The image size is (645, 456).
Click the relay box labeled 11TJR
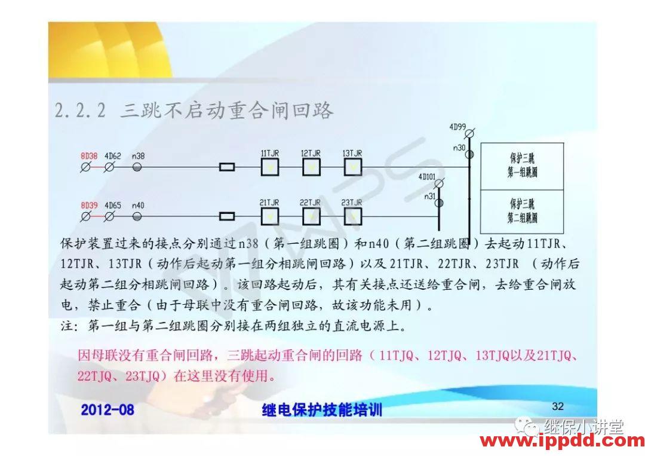tap(271, 167)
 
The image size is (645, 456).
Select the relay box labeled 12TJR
tap(311, 167)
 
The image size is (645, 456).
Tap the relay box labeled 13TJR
tap(352, 167)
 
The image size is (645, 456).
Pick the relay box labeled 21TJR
tap(271, 215)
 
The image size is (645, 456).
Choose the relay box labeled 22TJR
tap(311, 215)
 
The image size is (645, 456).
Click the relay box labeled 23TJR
tap(352, 215)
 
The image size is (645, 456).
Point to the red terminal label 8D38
tap(89, 156)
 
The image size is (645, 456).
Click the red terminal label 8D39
tap(89, 205)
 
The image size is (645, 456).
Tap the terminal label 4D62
tap(113, 156)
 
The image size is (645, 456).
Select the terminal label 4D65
tap(113, 205)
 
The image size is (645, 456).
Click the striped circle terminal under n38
tap(137, 167)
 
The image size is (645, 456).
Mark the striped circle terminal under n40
tap(137, 216)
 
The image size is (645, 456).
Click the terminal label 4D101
tap(426, 176)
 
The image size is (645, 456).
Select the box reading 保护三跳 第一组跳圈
tap(522, 166)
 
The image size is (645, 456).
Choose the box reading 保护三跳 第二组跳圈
tap(522, 210)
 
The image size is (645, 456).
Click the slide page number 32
tap(558, 406)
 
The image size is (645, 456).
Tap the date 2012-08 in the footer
tap(107, 410)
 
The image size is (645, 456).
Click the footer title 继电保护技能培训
tap(322, 410)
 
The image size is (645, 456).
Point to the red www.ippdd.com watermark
tap(562, 442)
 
